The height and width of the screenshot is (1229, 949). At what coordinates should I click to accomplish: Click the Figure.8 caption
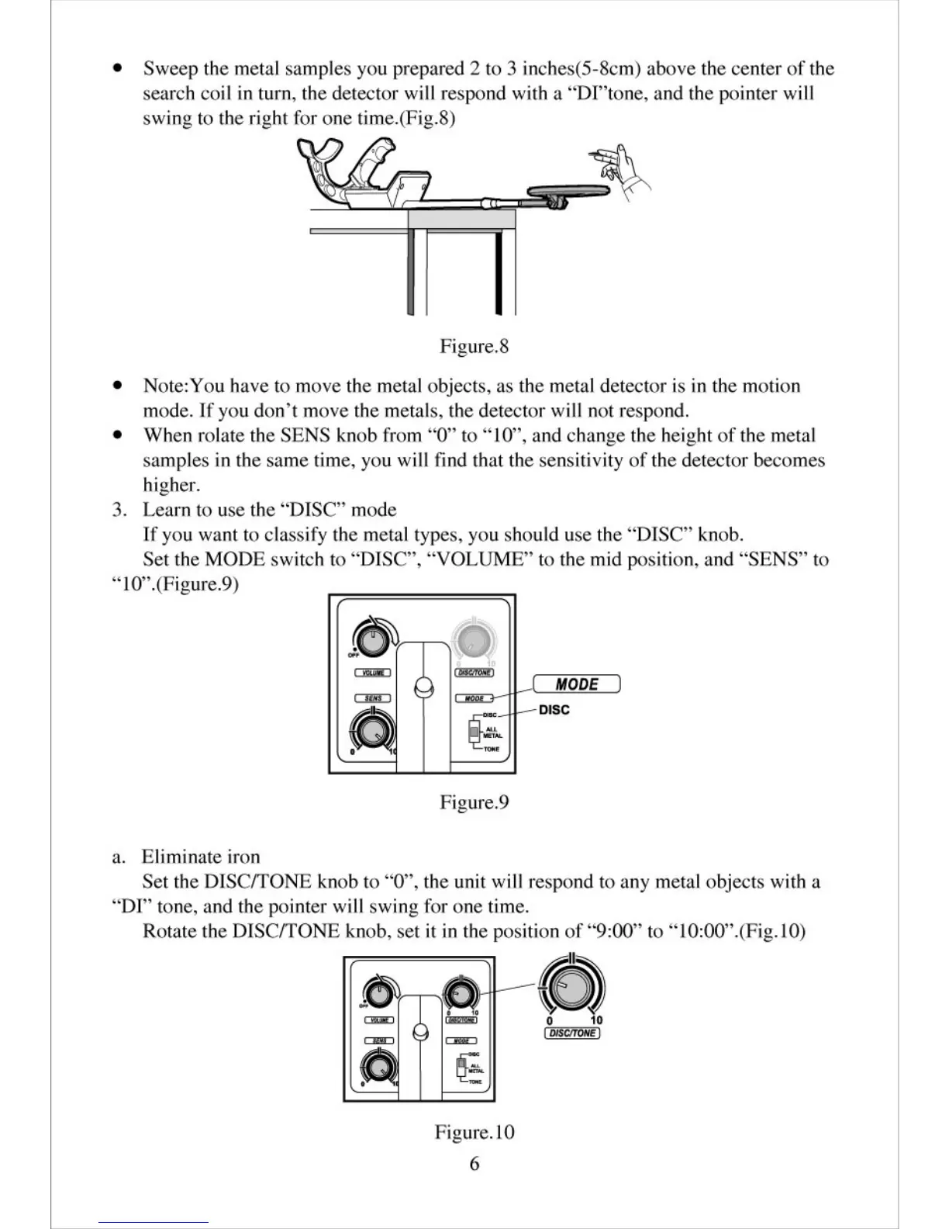click(474, 346)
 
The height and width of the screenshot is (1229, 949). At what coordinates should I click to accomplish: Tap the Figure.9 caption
click(474, 802)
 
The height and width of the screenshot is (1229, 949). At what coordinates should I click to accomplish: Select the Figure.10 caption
click(474, 1133)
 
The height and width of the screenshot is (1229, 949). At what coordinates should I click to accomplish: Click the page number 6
click(474, 1164)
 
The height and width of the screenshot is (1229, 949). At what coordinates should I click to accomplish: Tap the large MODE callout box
click(576, 684)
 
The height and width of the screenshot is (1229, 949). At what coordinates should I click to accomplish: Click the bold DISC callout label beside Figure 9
click(554, 710)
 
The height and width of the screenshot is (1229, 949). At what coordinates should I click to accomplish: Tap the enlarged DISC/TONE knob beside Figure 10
click(571, 987)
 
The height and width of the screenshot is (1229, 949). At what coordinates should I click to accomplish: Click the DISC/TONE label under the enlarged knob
click(572, 1033)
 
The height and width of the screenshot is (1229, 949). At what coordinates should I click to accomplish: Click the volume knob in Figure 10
click(378, 992)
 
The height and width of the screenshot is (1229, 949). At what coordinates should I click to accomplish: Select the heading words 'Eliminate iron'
click(201, 857)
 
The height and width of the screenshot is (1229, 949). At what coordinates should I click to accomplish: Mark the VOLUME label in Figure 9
click(373, 673)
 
